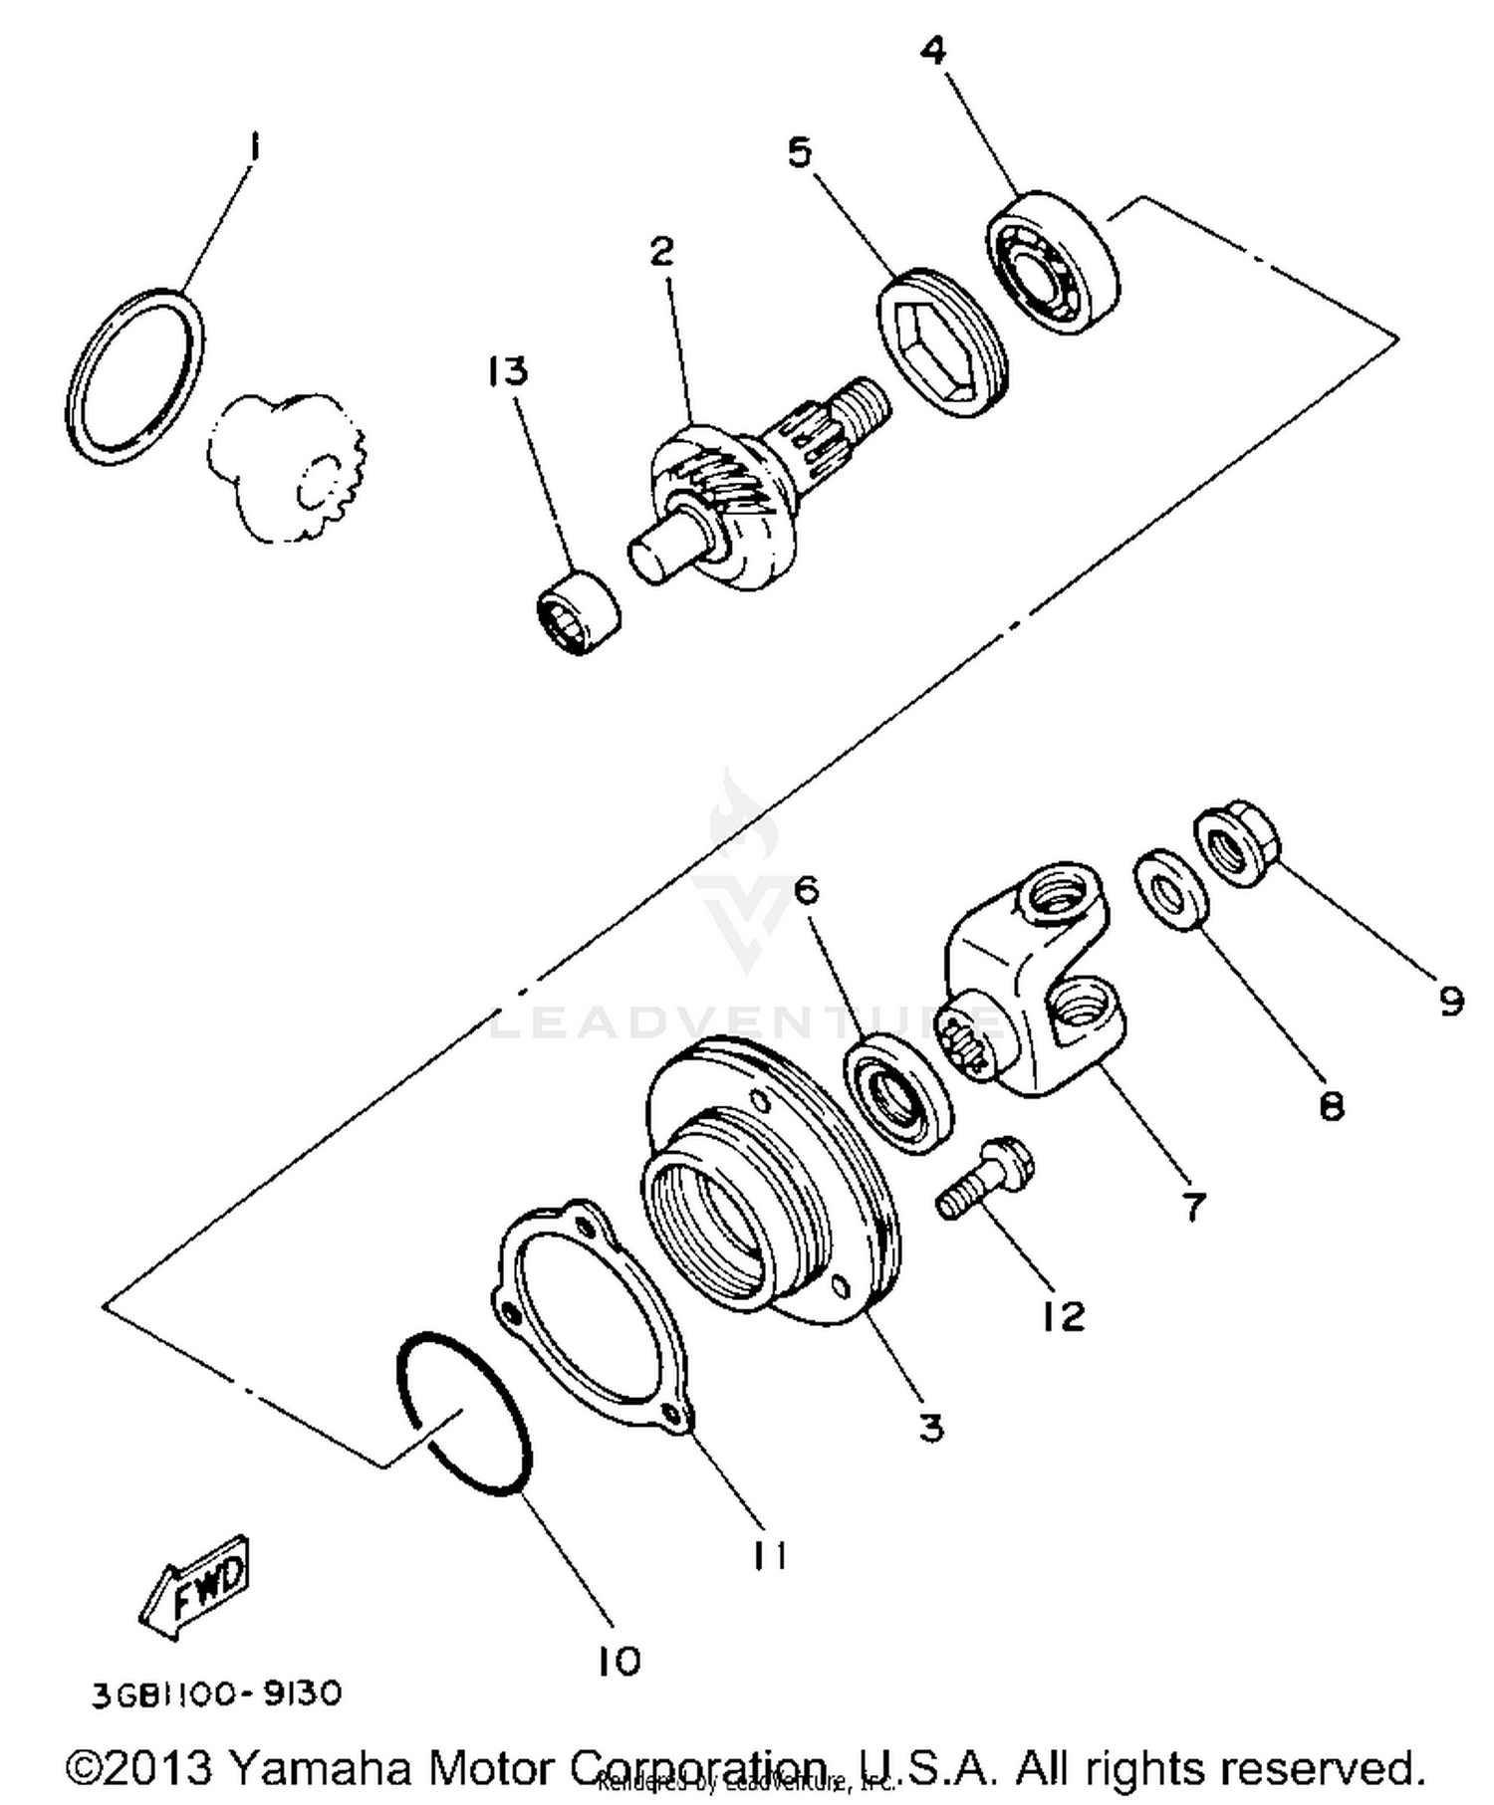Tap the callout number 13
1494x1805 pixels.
point(508,371)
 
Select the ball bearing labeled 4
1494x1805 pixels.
point(1053,261)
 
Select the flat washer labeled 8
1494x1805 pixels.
point(1172,890)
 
